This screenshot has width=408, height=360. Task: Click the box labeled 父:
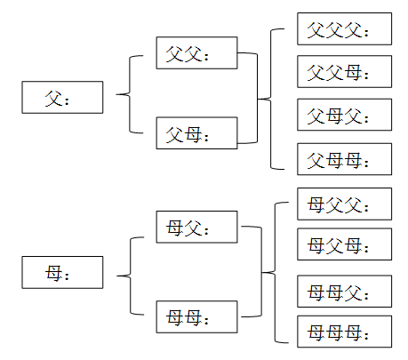point(62,97)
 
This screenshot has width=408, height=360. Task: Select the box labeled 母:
point(62,272)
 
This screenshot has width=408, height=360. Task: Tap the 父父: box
point(196,53)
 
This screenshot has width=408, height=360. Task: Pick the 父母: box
point(196,133)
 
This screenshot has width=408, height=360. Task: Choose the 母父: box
point(196,227)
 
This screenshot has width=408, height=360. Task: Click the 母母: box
point(196,316)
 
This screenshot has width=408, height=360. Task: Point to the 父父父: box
point(344,28)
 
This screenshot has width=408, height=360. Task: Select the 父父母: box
point(344,71)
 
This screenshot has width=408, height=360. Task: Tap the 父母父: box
point(344,115)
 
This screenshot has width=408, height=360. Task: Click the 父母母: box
point(344,159)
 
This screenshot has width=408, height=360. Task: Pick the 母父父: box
point(344,204)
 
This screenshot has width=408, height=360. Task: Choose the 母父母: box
point(344,244)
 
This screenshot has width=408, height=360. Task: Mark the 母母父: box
point(344,292)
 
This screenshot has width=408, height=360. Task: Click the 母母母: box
point(344,332)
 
